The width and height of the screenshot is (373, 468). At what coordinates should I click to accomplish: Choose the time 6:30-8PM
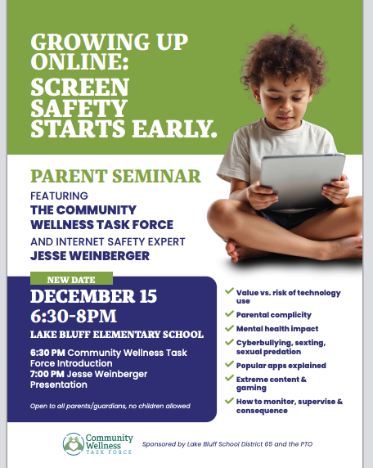74,315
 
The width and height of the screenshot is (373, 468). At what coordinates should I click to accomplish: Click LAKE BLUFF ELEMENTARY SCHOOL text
116,334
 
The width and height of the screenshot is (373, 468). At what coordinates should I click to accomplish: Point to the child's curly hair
282,49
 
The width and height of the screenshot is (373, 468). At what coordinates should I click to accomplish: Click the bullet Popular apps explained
281,365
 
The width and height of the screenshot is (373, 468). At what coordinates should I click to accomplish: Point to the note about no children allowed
110,406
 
